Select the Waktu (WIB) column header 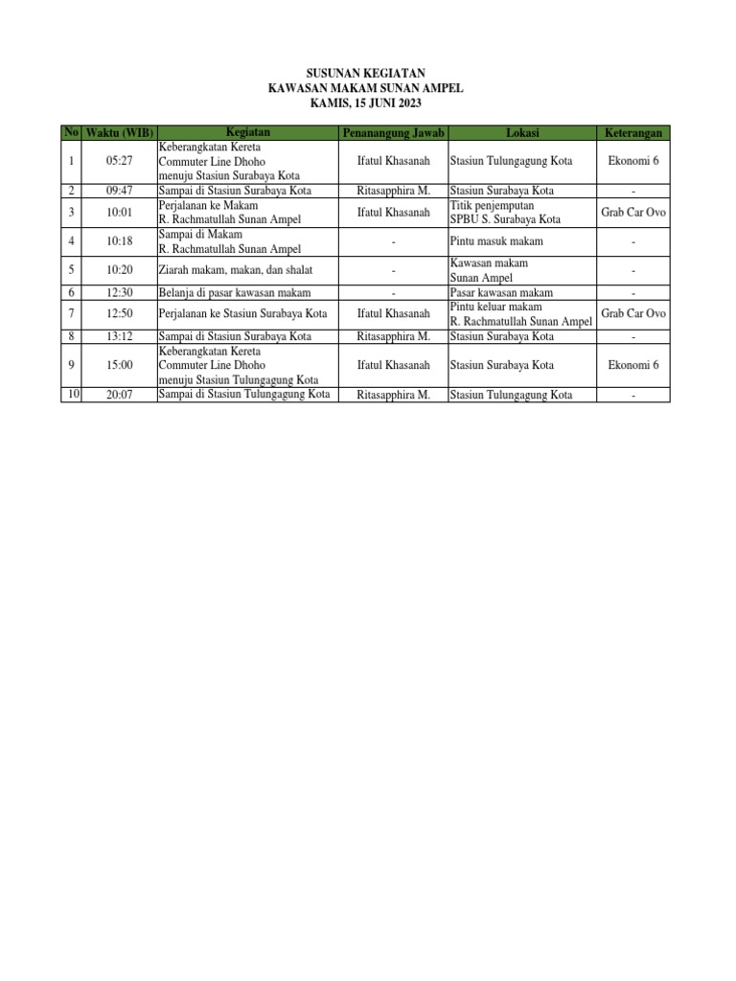click(119, 132)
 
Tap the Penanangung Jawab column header click(393, 132)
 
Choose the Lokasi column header click(522, 132)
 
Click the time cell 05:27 click(119, 161)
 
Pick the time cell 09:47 click(119, 191)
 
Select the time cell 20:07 click(119, 394)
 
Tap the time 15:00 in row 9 click(119, 365)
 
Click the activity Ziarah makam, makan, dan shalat click(235, 271)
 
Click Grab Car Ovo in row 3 click(633, 212)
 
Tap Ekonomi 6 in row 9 click(633, 365)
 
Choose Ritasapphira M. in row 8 click(393, 336)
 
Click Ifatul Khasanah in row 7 click(393, 313)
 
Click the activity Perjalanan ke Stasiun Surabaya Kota click(243, 313)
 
